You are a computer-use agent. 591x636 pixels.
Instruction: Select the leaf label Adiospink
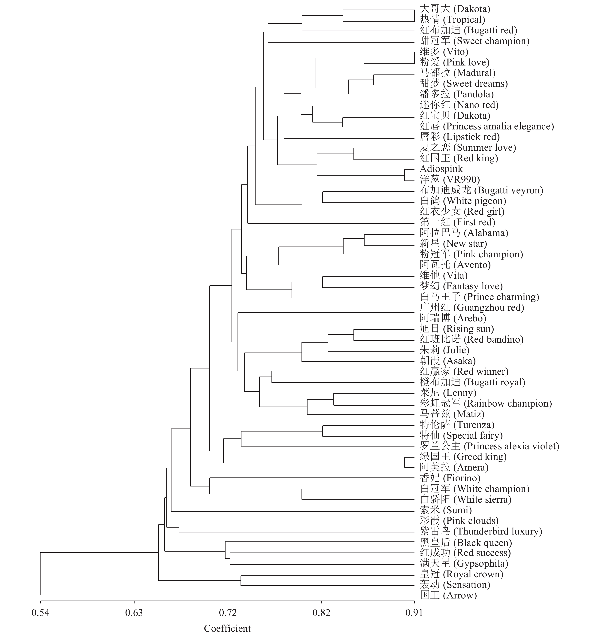pos(441,169)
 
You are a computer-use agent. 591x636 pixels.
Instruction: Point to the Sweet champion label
pos(474,41)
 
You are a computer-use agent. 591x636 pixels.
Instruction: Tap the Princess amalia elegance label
pos(487,126)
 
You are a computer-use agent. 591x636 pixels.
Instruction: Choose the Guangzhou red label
pos(472,308)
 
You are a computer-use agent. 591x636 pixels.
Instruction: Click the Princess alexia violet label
pos(489,446)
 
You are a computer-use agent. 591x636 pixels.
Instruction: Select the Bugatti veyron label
pos(481,190)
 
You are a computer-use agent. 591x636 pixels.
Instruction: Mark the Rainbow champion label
pos(486,404)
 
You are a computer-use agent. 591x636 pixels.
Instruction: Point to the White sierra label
pos(465,499)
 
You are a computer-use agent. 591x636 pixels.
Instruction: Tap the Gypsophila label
pos(464,563)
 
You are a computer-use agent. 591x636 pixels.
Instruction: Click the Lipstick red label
pos(459,137)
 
